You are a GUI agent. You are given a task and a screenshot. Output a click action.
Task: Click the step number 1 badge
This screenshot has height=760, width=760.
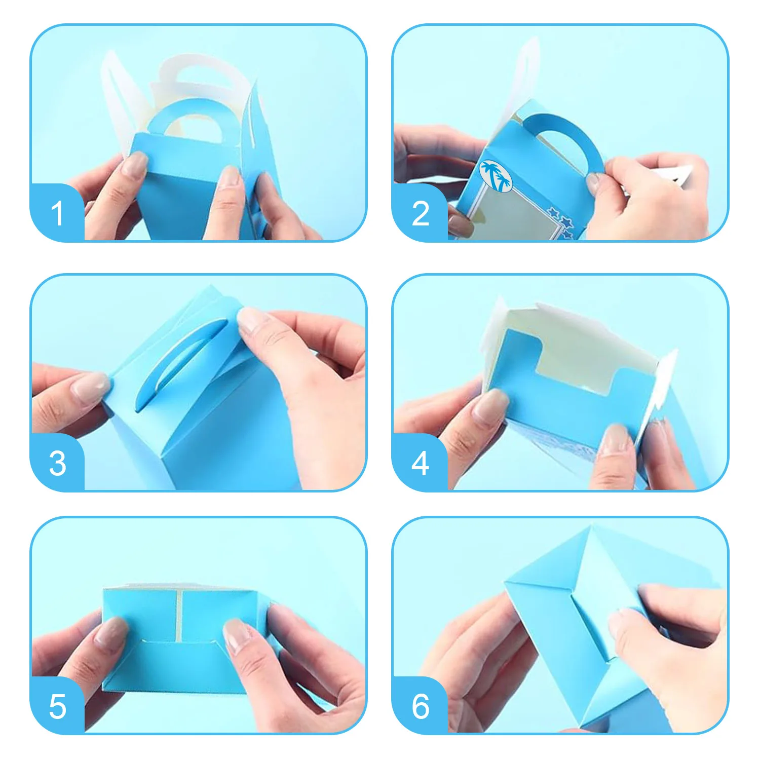coord(57,213)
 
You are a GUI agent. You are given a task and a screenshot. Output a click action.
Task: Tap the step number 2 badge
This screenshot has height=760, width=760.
coord(420,213)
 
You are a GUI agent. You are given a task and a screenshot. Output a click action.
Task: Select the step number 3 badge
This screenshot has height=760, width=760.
coord(57,463)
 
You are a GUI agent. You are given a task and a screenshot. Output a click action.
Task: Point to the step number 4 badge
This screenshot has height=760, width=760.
coord(420,463)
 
